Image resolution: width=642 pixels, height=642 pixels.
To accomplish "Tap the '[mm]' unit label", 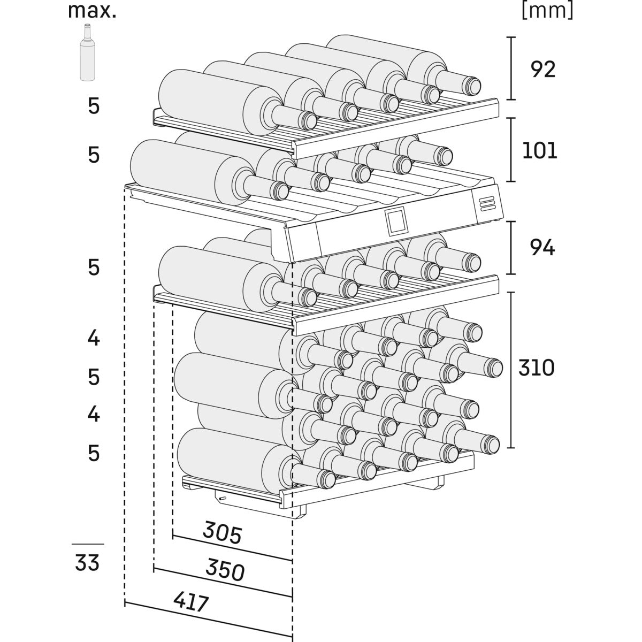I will click(x=547, y=11).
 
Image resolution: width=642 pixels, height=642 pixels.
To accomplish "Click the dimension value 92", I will click(x=543, y=70).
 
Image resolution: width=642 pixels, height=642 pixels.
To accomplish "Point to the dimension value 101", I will click(x=540, y=151).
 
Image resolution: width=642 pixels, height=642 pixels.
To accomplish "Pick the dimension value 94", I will click(x=542, y=248).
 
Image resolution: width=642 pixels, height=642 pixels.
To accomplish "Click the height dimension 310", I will click(x=536, y=368).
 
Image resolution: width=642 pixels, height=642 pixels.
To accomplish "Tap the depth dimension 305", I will click(x=223, y=533).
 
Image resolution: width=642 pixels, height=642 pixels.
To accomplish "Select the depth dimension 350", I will click(x=225, y=571).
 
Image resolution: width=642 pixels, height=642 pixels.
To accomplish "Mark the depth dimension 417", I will click(x=191, y=603).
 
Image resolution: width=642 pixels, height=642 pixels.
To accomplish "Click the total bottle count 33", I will click(x=87, y=563).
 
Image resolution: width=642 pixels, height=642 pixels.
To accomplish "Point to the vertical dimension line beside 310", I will click(x=513, y=369).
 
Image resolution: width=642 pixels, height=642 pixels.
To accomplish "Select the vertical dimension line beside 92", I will click(x=513, y=68).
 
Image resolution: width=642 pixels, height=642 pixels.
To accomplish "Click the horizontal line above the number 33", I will click(x=88, y=544).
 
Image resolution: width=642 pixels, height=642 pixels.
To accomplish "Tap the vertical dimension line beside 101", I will click(x=513, y=150).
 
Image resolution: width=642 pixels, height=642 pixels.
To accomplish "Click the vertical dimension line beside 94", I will click(x=513, y=248).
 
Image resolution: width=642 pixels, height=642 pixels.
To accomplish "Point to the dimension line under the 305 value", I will click(x=232, y=547).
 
